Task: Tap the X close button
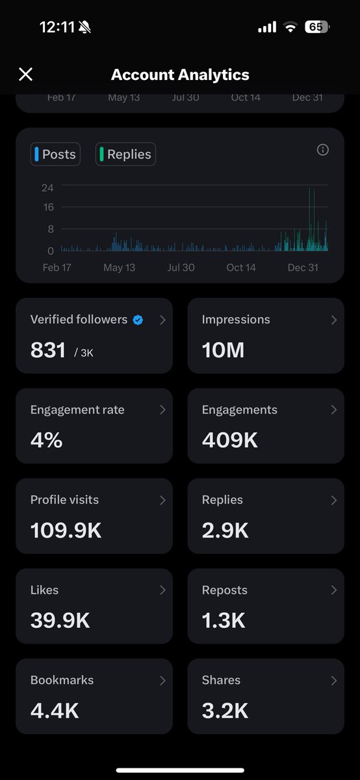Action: (x=25, y=74)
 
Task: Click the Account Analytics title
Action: (x=180, y=74)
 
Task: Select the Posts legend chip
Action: (x=55, y=155)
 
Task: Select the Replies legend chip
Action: (x=125, y=155)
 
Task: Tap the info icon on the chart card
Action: (x=322, y=150)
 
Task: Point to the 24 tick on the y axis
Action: (x=47, y=188)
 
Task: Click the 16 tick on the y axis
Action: (x=47, y=207)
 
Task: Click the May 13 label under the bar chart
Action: (x=119, y=267)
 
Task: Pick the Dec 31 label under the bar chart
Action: (x=302, y=267)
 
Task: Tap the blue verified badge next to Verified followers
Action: (x=138, y=320)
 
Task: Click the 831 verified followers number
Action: (x=48, y=350)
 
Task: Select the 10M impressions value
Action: (x=223, y=350)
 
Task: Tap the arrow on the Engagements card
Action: (x=333, y=410)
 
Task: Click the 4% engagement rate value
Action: (x=46, y=440)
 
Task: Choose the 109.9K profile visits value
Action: (x=66, y=530)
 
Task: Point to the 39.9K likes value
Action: (x=60, y=620)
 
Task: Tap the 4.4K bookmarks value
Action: (x=55, y=710)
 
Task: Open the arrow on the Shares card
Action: (x=333, y=681)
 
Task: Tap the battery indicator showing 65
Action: (x=316, y=27)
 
